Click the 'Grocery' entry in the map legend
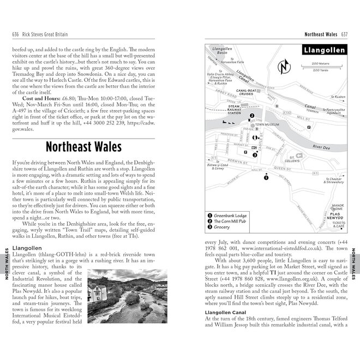click(x=222, y=227)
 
